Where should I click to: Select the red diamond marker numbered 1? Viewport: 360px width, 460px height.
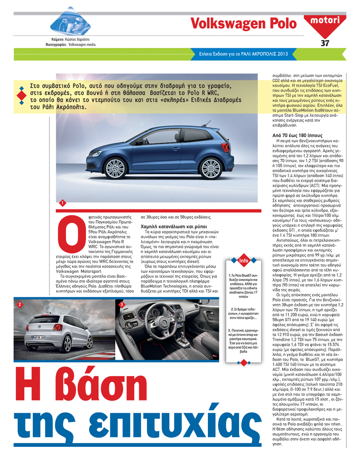pos(62,204)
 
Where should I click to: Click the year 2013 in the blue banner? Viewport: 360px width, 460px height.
pos(281,54)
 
